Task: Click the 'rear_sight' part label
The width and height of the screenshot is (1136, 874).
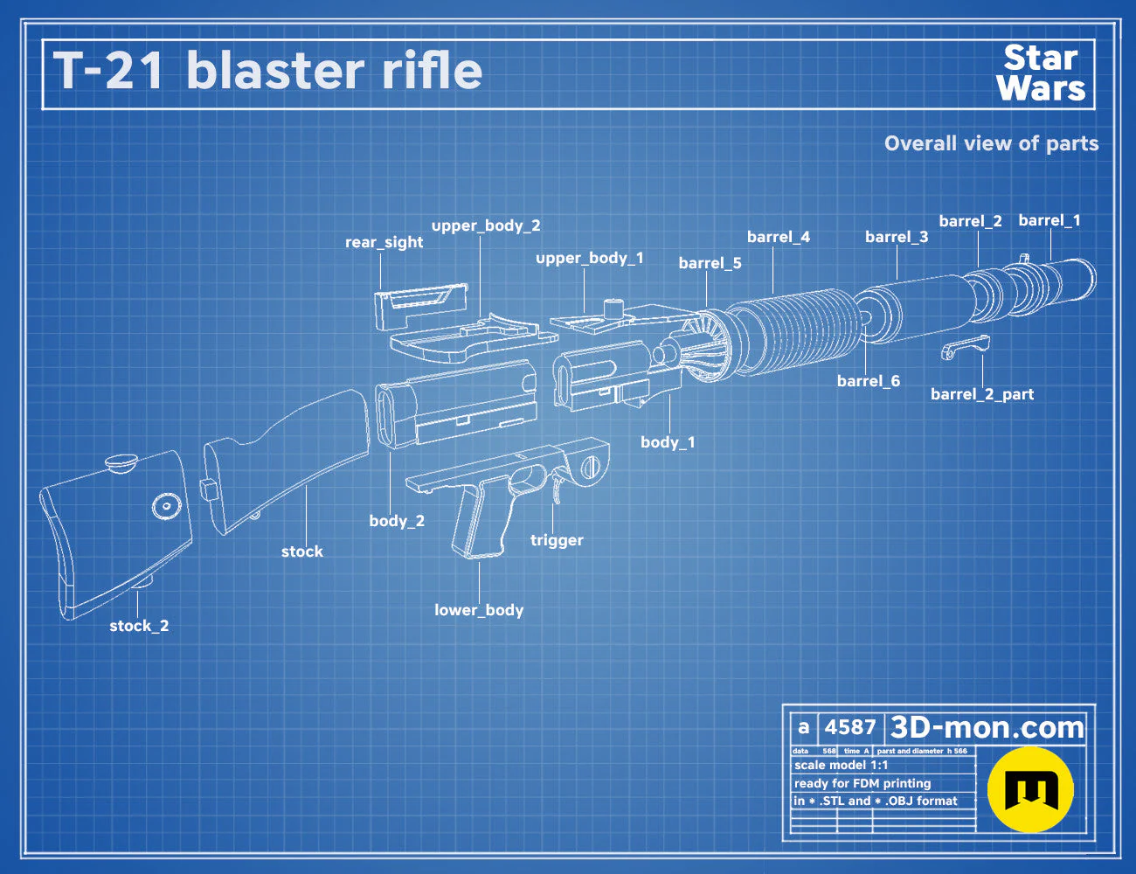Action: click(x=384, y=243)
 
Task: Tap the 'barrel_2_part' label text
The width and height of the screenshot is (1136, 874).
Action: click(x=982, y=394)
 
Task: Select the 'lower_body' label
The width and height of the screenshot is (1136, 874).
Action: click(x=479, y=610)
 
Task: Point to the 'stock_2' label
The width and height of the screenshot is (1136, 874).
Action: click(x=139, y=626)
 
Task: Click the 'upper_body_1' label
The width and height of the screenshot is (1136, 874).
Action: click(x=590, y=258)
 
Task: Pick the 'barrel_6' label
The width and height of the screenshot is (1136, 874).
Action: click(x=869, y=381)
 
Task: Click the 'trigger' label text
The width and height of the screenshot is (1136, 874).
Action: click(x=557, y=540)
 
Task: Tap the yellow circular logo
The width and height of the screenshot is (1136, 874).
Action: click(x=1030, y=789)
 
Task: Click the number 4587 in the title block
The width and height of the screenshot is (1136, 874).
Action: click(x=849, y=727)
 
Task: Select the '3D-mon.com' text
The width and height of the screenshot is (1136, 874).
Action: click(x=987, y=727)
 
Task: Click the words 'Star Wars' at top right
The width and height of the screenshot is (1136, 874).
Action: click(x=1041, y=73)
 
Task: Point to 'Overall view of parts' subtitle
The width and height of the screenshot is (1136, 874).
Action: click(x=991, y=143)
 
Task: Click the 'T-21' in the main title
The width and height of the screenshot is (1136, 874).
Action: click(x=108, y=71)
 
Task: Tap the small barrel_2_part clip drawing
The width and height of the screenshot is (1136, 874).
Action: click(x=965, y=347)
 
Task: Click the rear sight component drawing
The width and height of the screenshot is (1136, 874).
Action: click(x=421, y=305)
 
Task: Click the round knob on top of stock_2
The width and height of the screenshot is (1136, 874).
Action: click(x=121, y=462)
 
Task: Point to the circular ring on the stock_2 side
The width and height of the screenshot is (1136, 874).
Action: click(x=167, y=507)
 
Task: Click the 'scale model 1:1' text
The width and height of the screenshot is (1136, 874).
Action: click(x=842, y=766)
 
